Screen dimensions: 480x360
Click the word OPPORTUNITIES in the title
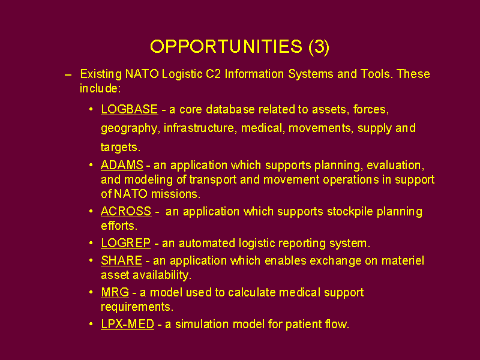[226, 47]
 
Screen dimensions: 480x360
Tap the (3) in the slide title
[319, 47]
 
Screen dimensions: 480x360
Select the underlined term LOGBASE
[130, 109]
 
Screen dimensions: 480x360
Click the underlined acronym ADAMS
[122, 166]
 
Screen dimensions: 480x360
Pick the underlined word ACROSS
[126, 211]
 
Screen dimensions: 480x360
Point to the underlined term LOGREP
[126, 243]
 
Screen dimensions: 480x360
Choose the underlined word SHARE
[122, 260]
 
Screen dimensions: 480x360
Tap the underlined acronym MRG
[115, 292]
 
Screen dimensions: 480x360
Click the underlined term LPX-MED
[128, 324]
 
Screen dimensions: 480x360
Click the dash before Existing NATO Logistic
[68, 74]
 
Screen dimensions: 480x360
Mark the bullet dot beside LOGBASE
[91, 109]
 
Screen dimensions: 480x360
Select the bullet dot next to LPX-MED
[91, 324]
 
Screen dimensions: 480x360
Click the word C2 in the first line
[214, 74]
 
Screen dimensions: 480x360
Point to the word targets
[121, 148]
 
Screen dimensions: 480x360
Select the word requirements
[137, 307]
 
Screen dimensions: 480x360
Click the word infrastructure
[200, 128]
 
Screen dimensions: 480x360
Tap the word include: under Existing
[100, 88]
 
